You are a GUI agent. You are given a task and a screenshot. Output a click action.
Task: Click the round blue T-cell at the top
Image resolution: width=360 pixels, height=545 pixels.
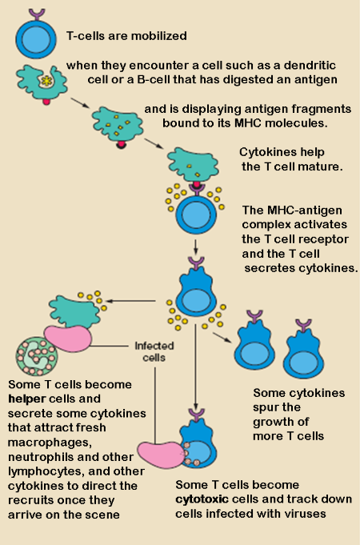tap(36, 37)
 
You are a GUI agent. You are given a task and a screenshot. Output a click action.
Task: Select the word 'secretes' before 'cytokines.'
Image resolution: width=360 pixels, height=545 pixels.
tap(270, 267)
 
